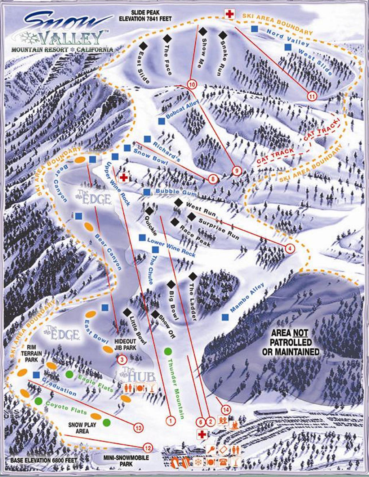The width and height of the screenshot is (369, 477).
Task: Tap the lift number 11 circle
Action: (x=312, y=96)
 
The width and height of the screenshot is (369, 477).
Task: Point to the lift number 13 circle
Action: (x=138, y=428)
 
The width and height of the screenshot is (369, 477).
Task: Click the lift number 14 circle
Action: (x=226, y=409)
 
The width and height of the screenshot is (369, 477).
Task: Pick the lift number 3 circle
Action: (x=122, y=359)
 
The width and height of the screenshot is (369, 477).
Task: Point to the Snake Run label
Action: (x=219, y=60)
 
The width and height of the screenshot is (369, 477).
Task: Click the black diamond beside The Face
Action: (x=166, y=38)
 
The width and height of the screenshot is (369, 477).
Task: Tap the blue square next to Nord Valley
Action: (x=254, y=28)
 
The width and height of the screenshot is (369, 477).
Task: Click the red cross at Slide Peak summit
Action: (x=229, y=14)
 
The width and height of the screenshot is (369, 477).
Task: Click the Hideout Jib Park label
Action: (x=125, y=344)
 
